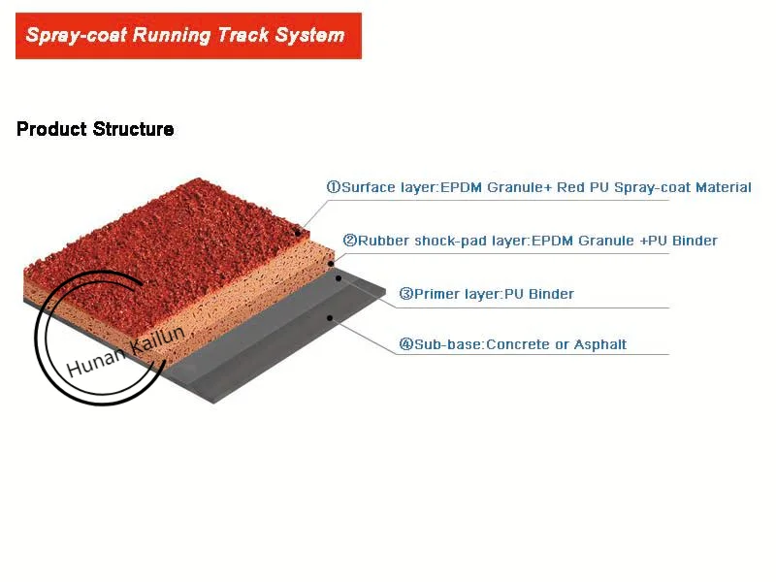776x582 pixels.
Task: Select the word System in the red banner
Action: point(308,36)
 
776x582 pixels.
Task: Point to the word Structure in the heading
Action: point(134,129)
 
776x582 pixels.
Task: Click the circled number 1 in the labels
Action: point(333,187)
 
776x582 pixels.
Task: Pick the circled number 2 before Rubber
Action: point(349,240)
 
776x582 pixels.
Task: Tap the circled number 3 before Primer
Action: point(406,293)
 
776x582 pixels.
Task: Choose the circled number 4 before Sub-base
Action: point(406,344)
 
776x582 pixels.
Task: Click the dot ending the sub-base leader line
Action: point(331,317)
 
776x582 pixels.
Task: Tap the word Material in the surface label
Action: point(720,187)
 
